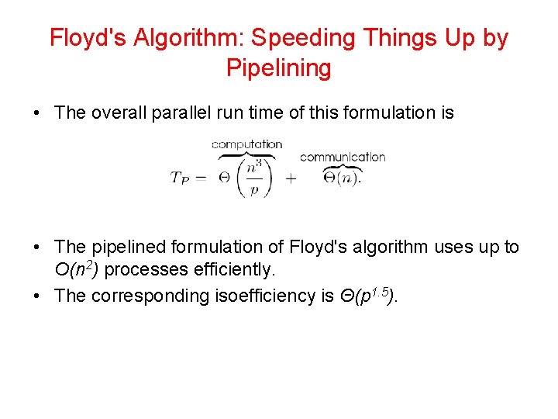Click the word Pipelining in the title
(x=278, y=68)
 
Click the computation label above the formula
(x=246, y=144)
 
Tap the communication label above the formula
(x=342, y=157)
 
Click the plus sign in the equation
(x=291, y=178)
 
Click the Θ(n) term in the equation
(x=342, y=177)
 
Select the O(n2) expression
(x=81, y=270)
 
